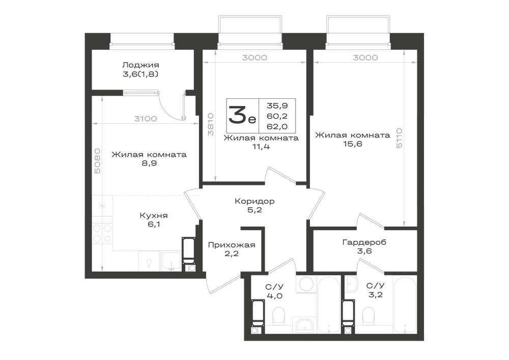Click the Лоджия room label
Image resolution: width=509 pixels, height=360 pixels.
click(140, 65)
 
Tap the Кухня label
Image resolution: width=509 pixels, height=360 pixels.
click(154, 215)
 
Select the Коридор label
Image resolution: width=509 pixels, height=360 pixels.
click(254, 201)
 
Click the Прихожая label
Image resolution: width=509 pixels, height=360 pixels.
click(232, 245)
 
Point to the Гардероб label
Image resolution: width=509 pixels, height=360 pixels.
click(364, 242)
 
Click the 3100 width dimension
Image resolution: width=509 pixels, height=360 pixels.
click(146, 119)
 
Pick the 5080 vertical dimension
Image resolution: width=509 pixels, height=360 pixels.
click(97, 161)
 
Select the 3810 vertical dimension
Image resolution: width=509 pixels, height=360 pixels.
click(211, 124)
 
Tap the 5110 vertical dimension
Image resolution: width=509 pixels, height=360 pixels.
click(399, 138)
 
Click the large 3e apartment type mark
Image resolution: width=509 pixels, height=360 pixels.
click(242, 115)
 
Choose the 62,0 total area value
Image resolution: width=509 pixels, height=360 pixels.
click(277, 127)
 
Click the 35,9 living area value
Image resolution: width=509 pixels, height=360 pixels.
click(277, 105)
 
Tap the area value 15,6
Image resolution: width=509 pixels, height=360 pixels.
click(353, 144)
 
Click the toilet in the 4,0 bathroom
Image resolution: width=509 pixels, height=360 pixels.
click(278, 316)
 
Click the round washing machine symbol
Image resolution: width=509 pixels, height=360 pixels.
click(306, 284)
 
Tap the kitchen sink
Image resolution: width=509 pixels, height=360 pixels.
click(171, 261)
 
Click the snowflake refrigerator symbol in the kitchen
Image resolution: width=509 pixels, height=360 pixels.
click(102, 206)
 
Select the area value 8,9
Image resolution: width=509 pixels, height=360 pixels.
click(149, 163)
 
